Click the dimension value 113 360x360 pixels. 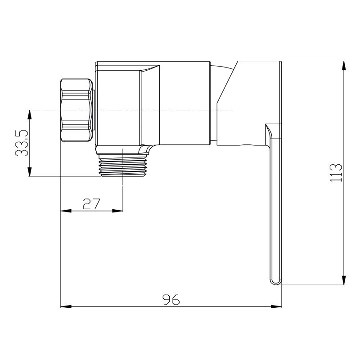point(336,173)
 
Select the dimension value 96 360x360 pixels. point(171,300)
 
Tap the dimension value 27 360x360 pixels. point(92,204)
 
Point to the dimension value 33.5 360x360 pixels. point(22,143)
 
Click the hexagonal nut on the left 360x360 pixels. point(76,110)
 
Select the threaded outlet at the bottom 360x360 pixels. point(122,165)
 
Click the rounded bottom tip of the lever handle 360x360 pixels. point(275,283)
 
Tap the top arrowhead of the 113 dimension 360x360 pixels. point(344,66)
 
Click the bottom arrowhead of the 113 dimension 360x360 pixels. point(344,279)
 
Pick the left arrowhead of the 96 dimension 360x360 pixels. point(66,306)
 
